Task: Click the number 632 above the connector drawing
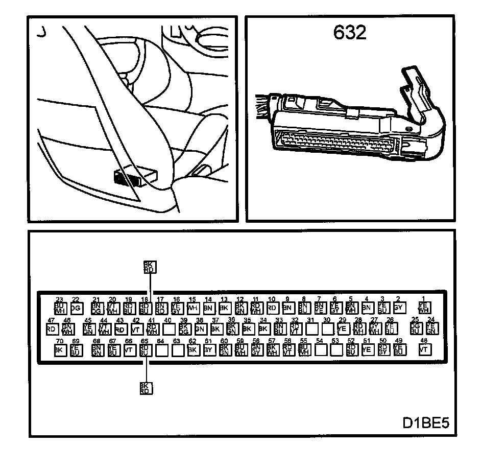[350, 33]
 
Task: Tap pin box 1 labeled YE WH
[424, 308]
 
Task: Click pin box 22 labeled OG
[76, 308]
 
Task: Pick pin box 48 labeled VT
[424, 349]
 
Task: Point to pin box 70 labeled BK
[59, 350]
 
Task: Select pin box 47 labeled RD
[51, 328]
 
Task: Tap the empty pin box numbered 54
[320, 350]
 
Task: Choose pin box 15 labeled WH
[192, 308]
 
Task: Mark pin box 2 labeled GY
[399, 308]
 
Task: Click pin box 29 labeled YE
[343, 328]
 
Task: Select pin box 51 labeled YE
[367, 350]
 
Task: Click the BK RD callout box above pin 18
[149, 267]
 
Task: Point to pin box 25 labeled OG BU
[415, 328]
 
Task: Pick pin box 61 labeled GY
[208, 350]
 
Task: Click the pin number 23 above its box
[59, 300]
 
